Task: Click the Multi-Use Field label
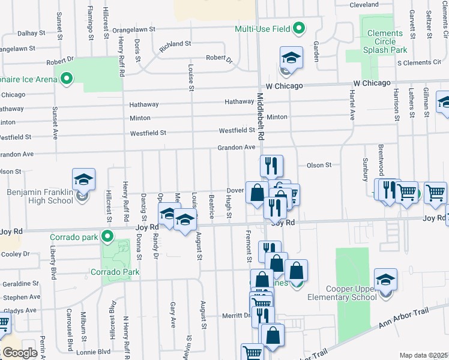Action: point(262,28)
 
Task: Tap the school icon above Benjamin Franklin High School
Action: point(84,180)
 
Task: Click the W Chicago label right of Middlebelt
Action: point(372,82)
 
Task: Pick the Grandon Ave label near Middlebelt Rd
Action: point(237,148)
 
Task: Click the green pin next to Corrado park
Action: point(107,237)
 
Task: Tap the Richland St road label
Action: point(175,44)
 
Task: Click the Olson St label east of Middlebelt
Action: point(319,165)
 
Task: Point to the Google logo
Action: point(20,353)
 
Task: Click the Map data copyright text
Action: point(423,355)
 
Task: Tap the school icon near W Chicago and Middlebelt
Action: point(291,59)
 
